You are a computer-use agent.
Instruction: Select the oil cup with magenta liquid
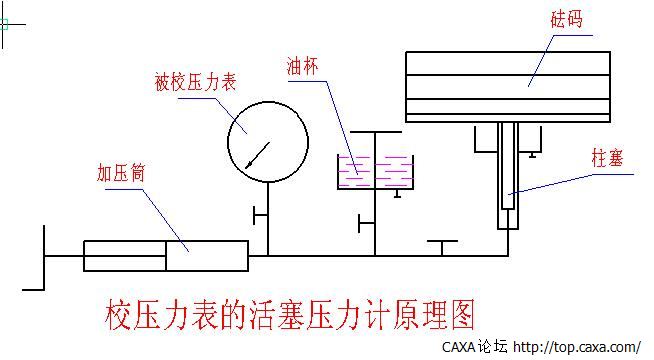coord(375,172)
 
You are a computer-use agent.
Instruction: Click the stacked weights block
coord(507,87)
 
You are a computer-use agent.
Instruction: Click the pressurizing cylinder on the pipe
coord(165,256)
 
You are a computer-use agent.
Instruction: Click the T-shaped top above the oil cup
coord(376,131)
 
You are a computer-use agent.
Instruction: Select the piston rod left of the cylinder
coord(64,257)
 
